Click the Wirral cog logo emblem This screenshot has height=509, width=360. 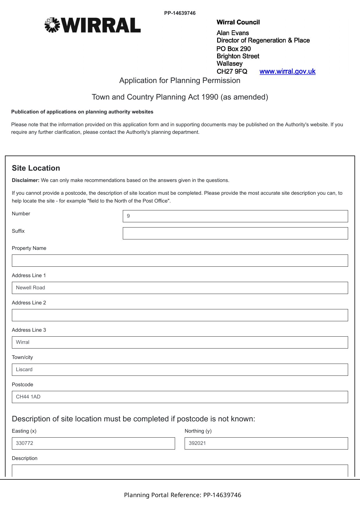coord(52,25)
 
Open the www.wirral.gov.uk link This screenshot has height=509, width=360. coord(287,71)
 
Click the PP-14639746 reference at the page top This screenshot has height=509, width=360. coord(180,13)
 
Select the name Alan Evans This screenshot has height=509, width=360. coord(233,33)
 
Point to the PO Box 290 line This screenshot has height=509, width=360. coord(233,49)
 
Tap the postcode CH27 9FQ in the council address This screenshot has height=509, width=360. coord(232,71)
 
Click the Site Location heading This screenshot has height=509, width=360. coord(36,168)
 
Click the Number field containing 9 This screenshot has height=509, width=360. coord(235,216)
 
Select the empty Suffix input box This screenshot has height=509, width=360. coord(235,233)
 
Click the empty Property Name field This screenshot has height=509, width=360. coord(180,261)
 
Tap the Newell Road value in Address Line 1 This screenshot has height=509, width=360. coord(30,288)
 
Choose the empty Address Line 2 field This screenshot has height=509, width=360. coord(180,315)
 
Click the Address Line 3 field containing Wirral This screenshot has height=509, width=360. coord(180,342)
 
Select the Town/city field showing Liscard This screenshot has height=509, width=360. coord(180,370)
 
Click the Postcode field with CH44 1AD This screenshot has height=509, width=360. coord(180,397)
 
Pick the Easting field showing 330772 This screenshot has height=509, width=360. coord(93,443)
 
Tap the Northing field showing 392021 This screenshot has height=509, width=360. coord(266,443)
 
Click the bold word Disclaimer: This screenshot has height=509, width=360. coord(26,180)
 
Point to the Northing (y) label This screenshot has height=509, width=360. coord(198,431)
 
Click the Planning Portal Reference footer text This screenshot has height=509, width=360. coord(183,495)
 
